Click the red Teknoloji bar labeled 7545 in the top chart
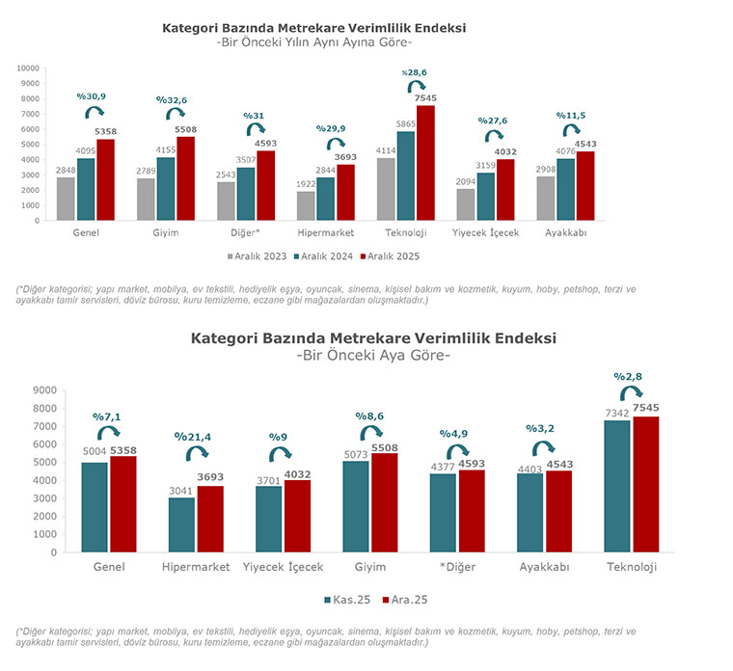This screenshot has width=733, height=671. point(425,162)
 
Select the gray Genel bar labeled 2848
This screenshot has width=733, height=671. point(66,199)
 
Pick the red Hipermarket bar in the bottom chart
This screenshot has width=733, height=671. point(209,519)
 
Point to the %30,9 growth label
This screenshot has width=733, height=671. point(91,96)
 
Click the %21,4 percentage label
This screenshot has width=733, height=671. point(191,437)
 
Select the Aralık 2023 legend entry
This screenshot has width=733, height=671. point(258,256)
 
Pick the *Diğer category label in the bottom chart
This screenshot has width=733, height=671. point(450,567)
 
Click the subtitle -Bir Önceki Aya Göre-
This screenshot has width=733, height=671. point(372,356)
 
